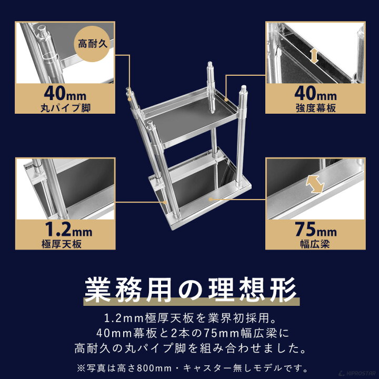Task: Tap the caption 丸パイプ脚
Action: click(x=64, y=109)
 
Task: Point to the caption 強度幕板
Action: click(x=314, y=109)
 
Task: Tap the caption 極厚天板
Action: click(x=64, y=245)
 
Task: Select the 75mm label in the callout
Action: click(x=314, y=231)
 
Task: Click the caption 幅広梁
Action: click(x=314, y=245)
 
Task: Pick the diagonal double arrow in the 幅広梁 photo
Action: click(x=314, y=184)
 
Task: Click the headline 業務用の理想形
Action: click(x=190, y=290)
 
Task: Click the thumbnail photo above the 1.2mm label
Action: click(x=64, y=188)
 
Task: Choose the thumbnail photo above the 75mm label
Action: click(x=314, y=188)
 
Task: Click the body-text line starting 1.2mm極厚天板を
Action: click(x=189, y=318)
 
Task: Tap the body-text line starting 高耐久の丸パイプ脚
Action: click(x=189, y=348)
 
